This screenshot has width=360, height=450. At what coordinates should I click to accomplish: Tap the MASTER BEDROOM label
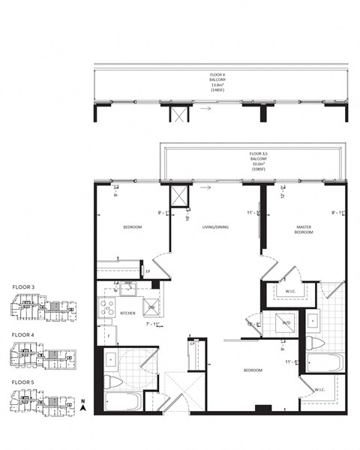click(x=304, y=229)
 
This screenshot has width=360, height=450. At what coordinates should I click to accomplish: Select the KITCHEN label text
click(x=127, y=313)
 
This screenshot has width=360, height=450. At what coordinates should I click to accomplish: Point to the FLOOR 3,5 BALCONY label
click(x=258, y=162)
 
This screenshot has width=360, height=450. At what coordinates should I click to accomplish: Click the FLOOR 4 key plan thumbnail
click(x=43, y=357)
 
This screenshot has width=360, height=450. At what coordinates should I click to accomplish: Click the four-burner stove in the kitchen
click(x=106, y=307)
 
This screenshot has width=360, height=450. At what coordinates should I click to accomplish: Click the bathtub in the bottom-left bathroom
click(x=121, y=400)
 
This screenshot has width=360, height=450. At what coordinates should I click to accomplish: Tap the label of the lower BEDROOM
click(x=251, y=370)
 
